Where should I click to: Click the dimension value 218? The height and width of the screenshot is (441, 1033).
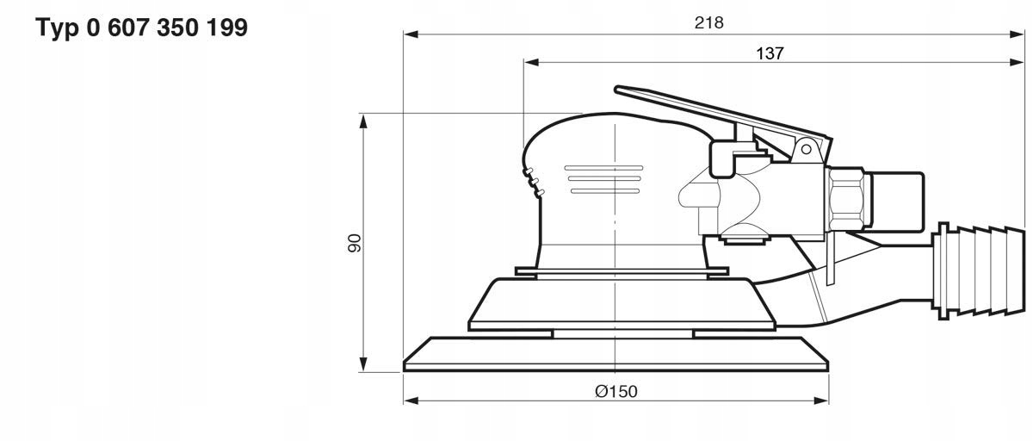pos(709,23)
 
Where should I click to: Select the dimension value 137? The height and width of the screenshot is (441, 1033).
pos(770,53)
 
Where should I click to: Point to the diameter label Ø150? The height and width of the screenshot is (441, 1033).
pos(615,391)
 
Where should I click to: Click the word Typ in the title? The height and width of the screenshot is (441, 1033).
pos(58,28)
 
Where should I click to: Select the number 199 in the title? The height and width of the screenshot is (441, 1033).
pos(226,28)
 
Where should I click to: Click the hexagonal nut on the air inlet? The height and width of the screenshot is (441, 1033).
pos(849,198)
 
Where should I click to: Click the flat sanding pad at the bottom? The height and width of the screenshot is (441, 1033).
pos(615,354)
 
